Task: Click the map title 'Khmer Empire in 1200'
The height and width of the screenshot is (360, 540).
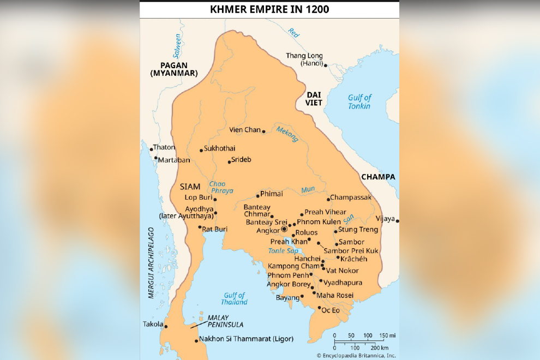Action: pos(269,9)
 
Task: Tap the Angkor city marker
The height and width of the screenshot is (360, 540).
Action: pos(284,230)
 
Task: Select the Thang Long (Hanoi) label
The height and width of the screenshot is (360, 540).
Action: pos(304,59)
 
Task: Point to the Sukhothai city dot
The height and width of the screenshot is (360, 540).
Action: pos(201,151)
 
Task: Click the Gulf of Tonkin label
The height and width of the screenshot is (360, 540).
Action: pos(359,101)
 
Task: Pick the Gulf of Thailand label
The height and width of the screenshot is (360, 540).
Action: pos(234,299)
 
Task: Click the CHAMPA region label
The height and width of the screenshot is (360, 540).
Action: pos(377,177)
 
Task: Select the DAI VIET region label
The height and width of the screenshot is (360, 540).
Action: pos(314,98)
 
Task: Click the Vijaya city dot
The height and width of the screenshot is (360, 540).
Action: pos(398,221)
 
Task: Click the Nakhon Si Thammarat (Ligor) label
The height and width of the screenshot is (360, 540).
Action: pos(246,339)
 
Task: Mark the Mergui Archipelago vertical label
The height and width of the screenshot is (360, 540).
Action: pos(151,263)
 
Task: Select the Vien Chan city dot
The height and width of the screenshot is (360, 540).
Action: pos(264,131)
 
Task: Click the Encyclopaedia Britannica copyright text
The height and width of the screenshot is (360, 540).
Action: pos(356,355)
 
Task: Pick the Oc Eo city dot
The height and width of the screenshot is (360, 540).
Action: pos(320,308)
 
